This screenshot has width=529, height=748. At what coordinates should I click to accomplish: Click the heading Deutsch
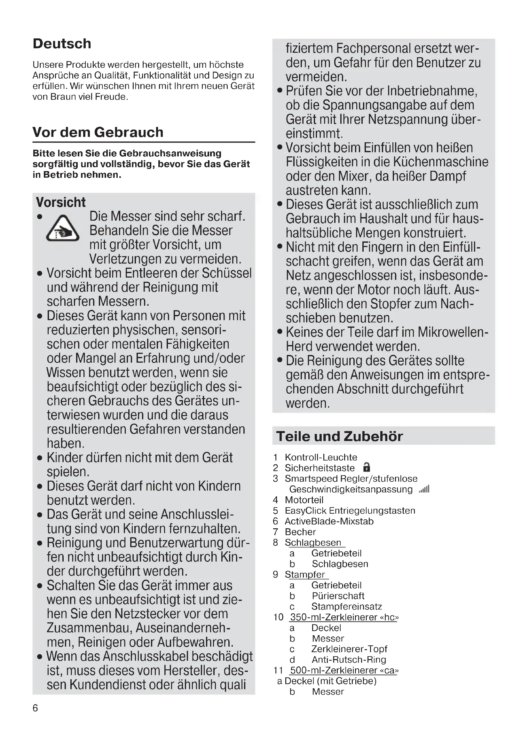62,44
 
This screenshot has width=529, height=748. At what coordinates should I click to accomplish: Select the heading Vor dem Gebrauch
98,132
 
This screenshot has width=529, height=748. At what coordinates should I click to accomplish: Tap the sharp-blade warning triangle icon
63,229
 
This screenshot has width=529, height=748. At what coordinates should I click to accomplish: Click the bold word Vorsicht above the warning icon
60,202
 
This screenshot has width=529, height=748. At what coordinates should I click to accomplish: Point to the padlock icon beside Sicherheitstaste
367,468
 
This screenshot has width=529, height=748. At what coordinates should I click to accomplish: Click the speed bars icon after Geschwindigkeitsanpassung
424,489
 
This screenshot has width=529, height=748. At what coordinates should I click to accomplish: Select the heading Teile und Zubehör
339,436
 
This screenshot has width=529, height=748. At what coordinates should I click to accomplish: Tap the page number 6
35,708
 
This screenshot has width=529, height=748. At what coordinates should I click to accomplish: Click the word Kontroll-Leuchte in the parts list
321,457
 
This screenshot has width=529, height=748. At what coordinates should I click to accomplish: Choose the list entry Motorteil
304,500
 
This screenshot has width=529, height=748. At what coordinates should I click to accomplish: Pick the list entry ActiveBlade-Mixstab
329,521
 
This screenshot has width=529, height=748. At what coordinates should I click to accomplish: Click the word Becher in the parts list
300,532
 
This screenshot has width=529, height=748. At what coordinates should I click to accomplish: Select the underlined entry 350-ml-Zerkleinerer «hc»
344,617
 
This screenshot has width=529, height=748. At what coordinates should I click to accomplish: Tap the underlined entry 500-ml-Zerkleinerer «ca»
344,671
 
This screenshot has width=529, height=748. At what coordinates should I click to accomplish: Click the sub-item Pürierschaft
338,596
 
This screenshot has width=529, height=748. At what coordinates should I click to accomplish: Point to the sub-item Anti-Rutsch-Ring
349,660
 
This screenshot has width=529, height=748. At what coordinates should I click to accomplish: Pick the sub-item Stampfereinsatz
347,607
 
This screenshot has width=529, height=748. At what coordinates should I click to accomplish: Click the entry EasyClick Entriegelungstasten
350,510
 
